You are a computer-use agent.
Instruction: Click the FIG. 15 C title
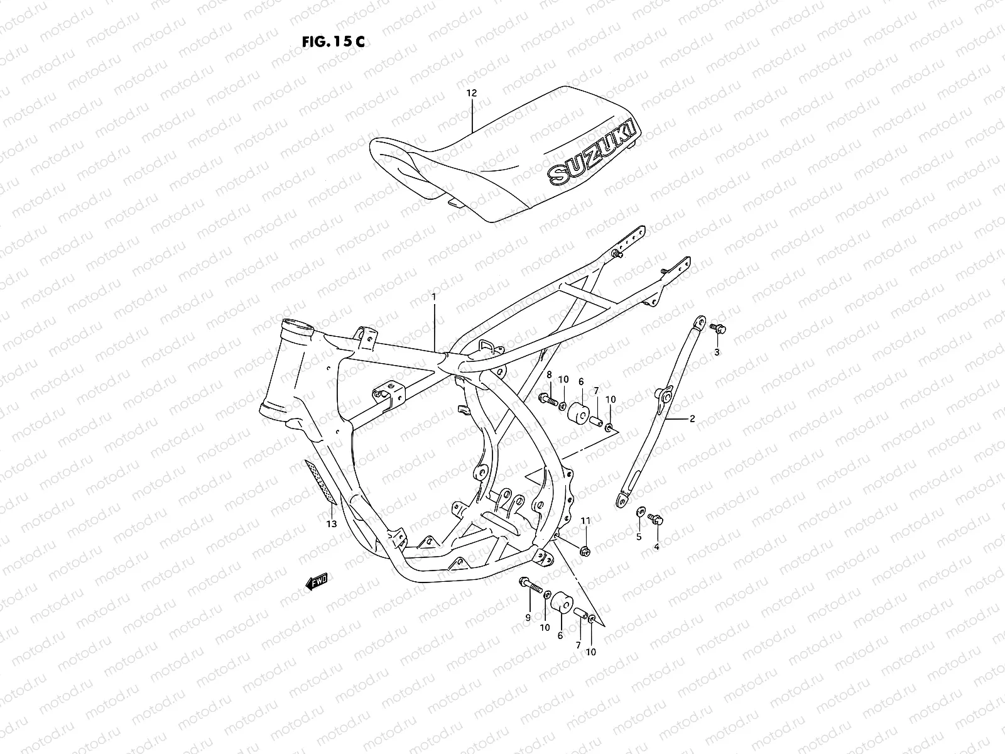pyautogui.click(x=334, y=42)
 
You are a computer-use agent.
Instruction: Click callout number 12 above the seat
pyautogui.click(x=471, y=93)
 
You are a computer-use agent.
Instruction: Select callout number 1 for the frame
pyautogui.click(x=433, y=295)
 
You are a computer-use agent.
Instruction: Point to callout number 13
pyautogui.click(x=332, y=523)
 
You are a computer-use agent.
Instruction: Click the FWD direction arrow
pyautogui.click(x=320, y=583)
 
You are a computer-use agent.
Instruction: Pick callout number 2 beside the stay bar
pyautogui.click(x=692, y=418)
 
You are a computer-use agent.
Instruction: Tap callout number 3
pyautogui.click(x=717, y=352)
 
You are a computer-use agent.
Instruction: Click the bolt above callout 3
pyautogui.click(x=717, y=329)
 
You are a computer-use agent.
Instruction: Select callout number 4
pyautogui.click(x=656, y=547)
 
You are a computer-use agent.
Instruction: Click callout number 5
pyautogui.click(x=639, y=537)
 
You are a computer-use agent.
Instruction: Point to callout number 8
pyautogui.click(x=549, y=374)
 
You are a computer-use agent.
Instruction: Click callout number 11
pyautogui.click(x=585, y=521)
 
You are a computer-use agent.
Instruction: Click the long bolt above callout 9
pyautogui.click(x=530, y=586)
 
